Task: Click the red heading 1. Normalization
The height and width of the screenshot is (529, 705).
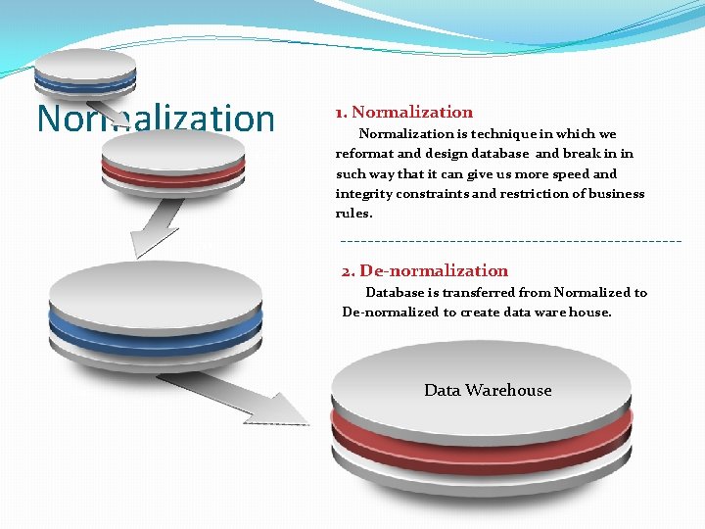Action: tap(403, 113)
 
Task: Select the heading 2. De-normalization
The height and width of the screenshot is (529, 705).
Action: tap(425, 270)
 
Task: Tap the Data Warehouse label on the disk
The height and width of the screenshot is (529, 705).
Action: tap(488, 390)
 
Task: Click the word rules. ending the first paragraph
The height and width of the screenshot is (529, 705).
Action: tap(353, 213)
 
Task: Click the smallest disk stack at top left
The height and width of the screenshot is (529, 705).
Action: tap(85, 74)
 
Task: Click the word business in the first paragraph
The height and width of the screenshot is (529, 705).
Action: tap(615, 193)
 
